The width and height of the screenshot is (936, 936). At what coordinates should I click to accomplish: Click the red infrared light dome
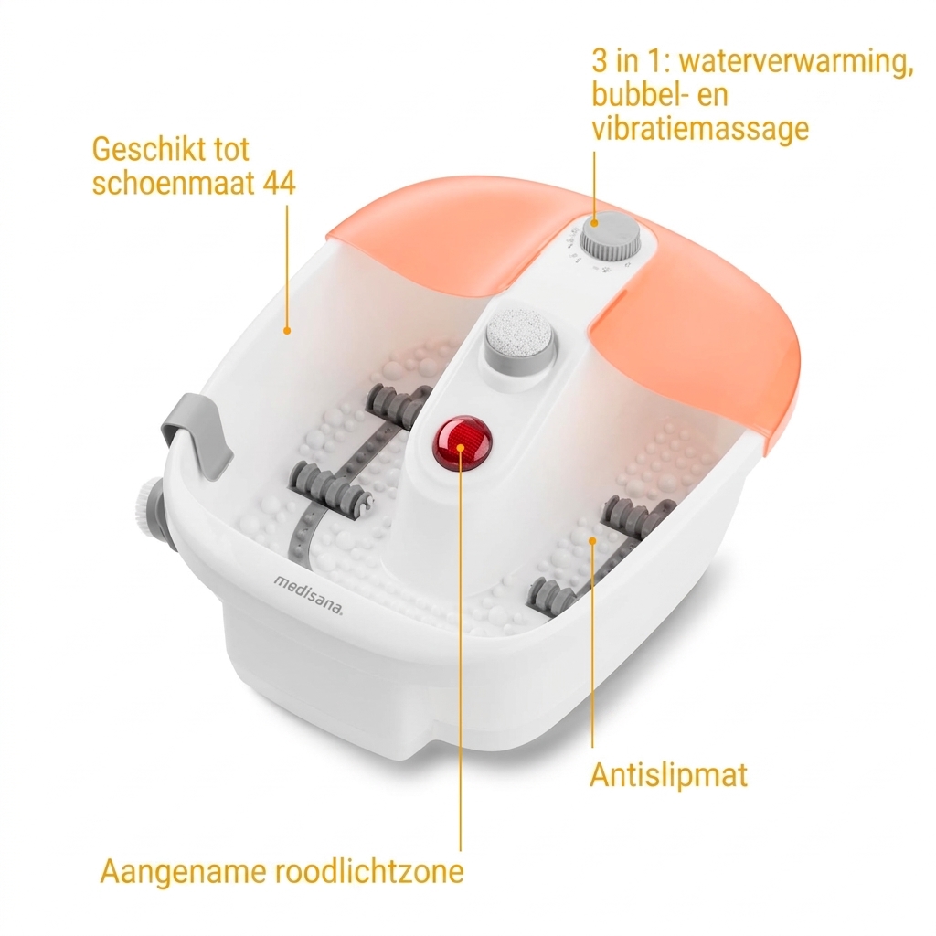pos(462,443)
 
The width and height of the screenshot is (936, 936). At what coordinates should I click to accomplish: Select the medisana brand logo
pos(309,594)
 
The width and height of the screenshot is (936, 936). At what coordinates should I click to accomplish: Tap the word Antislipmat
pos(668,775)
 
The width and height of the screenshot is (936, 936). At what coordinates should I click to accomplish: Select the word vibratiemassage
pos(700,128)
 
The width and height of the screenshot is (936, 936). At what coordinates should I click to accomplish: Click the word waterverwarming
pos(796,62)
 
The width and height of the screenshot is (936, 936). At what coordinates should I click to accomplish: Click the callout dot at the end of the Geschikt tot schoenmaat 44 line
pos(287,331)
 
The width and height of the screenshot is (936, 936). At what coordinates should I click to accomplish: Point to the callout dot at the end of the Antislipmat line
pos(592,541)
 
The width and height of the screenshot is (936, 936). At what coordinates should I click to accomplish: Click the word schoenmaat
pos(173,183)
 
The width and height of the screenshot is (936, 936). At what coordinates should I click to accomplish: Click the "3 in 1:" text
pos(631,60)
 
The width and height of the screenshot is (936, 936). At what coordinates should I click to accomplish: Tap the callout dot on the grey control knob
pos(594,223)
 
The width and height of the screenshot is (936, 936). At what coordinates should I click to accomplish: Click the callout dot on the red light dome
pos(461,447)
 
